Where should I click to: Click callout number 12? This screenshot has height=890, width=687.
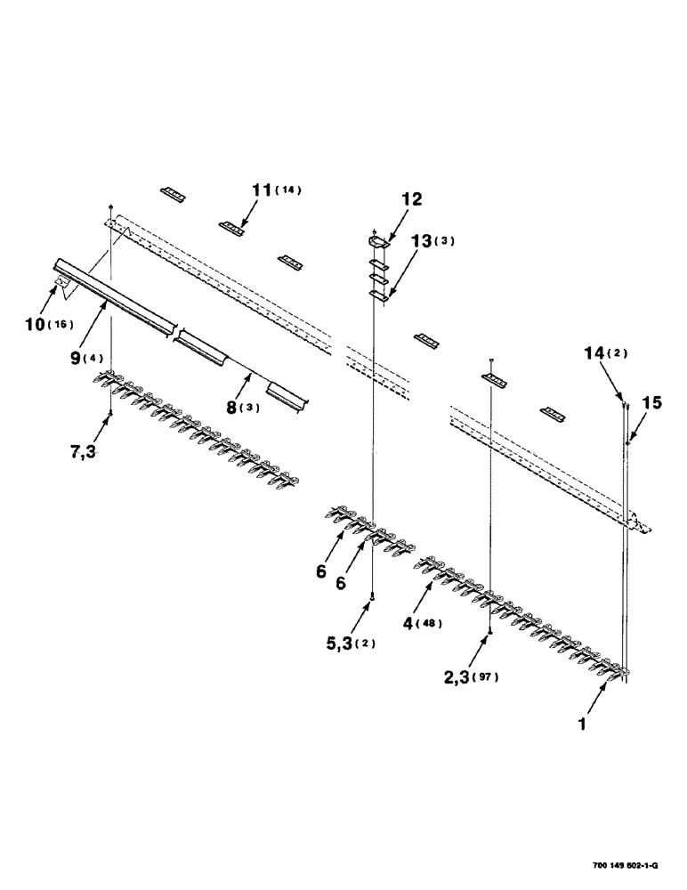point(412,199)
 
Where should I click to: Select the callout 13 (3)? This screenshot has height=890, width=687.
point(430,242)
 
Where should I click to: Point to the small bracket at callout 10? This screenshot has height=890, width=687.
point(62,283)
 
